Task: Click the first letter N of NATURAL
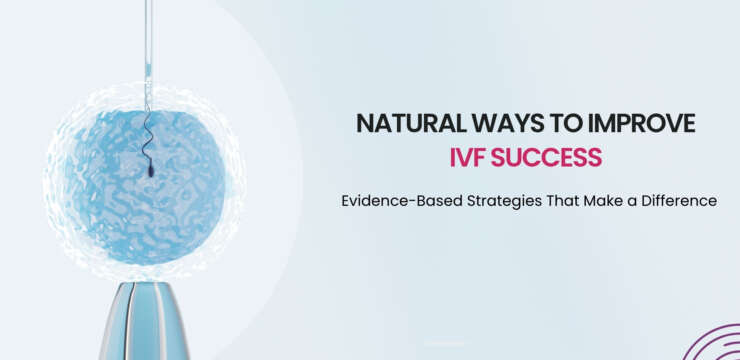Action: (x=364, y=124)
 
